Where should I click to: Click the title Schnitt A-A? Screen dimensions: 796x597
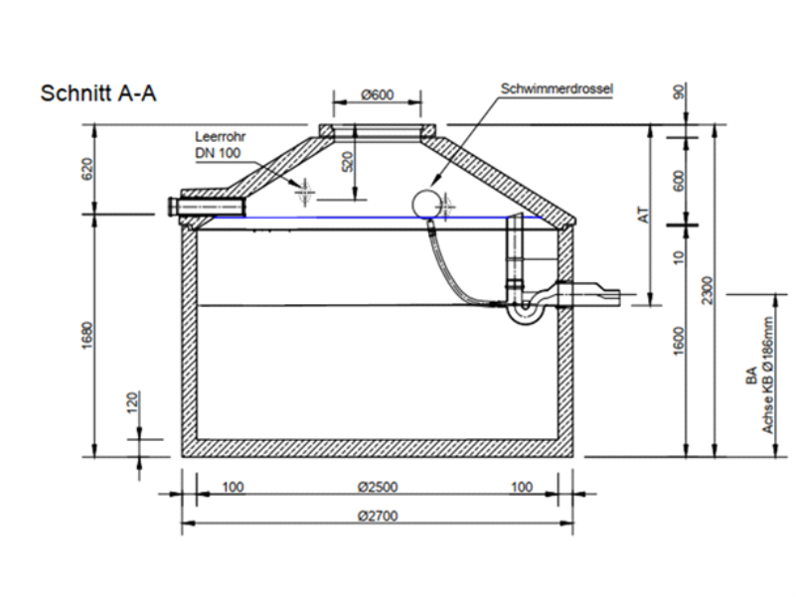coord(98,93)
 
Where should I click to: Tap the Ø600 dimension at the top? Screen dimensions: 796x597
coord(378,95)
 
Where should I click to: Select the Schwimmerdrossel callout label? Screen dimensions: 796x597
coord(557,88)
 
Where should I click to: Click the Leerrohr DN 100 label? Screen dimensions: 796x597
coord(221,145)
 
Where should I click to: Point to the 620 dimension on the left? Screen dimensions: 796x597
coord(87,169)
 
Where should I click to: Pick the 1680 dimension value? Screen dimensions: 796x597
coord(87,335)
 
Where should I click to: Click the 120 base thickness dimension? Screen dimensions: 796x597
coord(132,402)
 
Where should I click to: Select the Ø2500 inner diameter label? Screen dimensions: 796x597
coord(378,487)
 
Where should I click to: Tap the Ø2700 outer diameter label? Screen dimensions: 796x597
coord(378,517)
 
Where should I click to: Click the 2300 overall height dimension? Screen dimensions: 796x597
coord(708,290)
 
